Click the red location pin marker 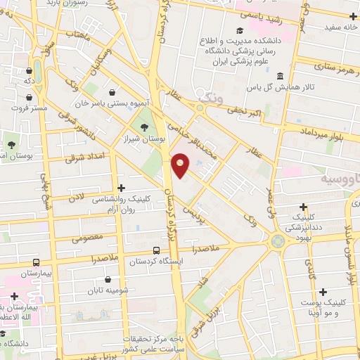(181, 165)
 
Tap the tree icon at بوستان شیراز (144, 127)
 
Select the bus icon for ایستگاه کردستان (156, 250)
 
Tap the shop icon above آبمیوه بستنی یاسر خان (112, 91)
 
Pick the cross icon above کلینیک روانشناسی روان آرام (122, 188)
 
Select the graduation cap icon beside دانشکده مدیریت (239, 30)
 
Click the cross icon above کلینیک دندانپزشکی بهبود (303, 207)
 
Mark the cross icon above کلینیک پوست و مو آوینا (323, 292)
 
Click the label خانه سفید (337, 27)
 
